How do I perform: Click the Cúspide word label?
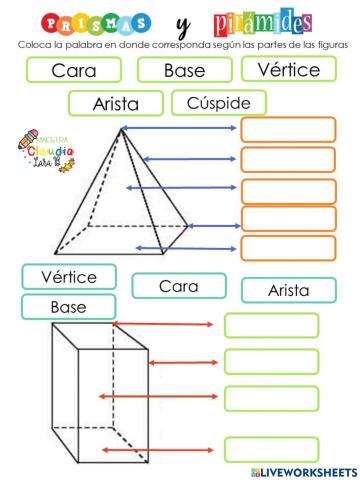tap(219, 102)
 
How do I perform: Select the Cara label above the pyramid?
tap(74, 70)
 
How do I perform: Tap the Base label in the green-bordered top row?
tap(184, 70)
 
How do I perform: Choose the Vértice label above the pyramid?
tap(288, 69)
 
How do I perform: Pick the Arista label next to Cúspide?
tap(115, 103)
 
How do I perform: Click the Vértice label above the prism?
tap(68, 277)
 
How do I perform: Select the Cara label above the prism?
tap(179, 286)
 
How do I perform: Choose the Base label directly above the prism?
tap(68, 307)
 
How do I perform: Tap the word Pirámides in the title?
tap(263, 22)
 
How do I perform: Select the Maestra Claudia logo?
tap(40, 150)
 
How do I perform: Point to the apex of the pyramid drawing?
tap(121, 129)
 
